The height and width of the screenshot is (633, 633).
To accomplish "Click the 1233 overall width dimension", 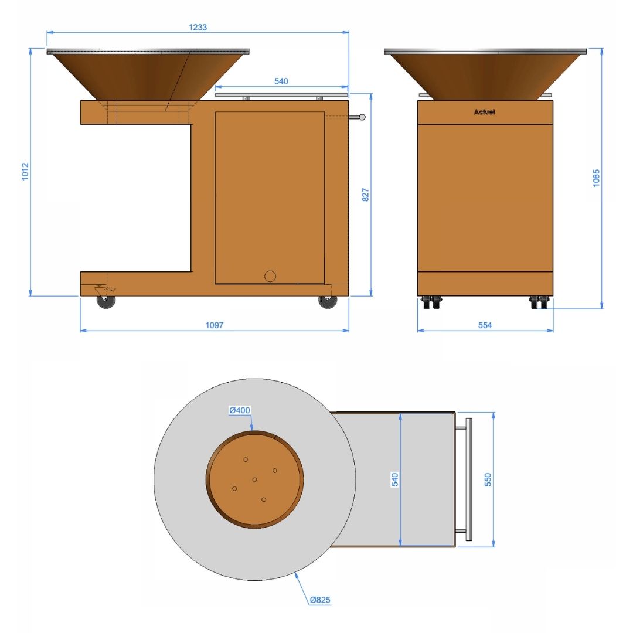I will click(198, 27).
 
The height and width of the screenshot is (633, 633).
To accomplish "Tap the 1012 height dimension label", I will click(25, 171).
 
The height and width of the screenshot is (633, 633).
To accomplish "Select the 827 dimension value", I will click(366, 195).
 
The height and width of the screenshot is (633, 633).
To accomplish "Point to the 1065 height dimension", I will click(596, 178).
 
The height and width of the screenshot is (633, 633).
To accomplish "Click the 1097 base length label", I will click(215, 325).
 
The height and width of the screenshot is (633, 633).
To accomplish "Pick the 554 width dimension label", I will click(485, 325).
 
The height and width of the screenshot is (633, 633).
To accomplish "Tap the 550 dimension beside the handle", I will click(488, 479).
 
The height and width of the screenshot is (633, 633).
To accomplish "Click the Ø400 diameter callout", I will click(240, 410).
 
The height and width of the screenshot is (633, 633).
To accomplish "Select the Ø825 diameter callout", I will click(321, 600).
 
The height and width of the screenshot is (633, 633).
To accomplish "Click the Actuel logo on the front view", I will click(485, 112).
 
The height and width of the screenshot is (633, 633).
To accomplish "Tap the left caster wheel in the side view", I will click(106, 301).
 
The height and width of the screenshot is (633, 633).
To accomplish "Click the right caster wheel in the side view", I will click(327, 301).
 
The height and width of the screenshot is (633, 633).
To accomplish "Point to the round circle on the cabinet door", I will click(270, 276).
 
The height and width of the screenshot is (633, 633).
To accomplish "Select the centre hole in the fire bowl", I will click(255, 480).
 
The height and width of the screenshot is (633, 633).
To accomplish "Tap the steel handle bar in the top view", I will click(469, 479).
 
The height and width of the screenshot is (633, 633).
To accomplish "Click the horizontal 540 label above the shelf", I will click(281, 81).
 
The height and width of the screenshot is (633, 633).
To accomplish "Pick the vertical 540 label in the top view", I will click(395, 479).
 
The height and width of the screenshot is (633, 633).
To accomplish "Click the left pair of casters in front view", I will click(431, 302).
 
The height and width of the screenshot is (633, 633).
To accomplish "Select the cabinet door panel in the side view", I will click(270, 198).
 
